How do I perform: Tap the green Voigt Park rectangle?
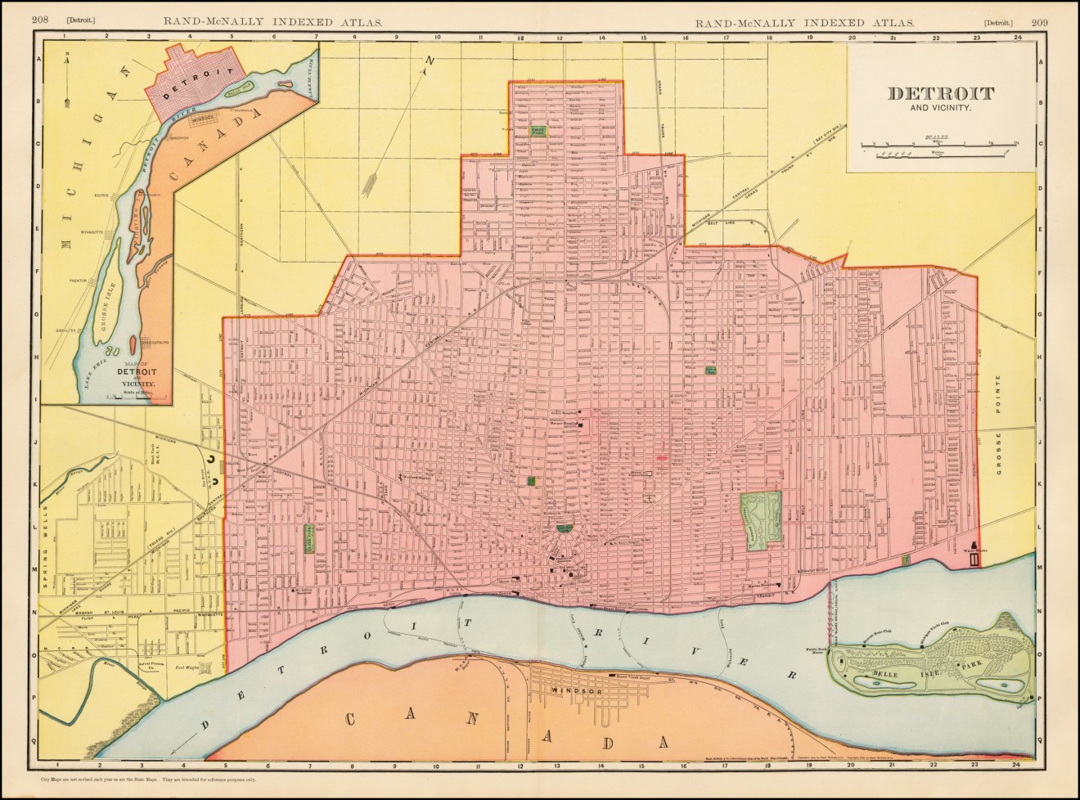(x=538, y=131)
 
